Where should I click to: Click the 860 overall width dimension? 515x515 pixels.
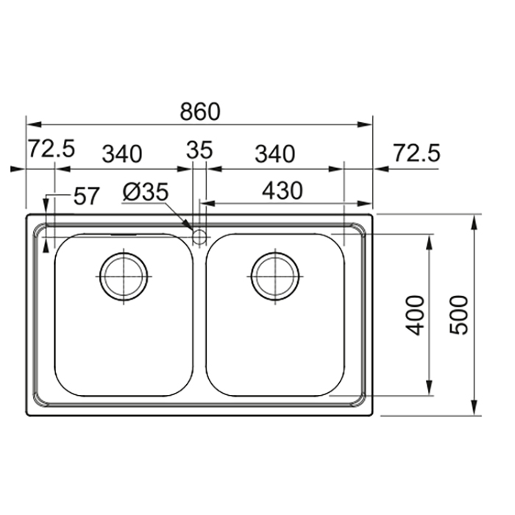tap(199, 112)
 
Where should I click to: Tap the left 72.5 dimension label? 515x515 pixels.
tap(51, 149)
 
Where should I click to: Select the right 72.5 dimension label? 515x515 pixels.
tap(416, 153)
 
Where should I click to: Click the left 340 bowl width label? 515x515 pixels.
tap(122, 154)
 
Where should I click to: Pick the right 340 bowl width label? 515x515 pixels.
tap(275, 154)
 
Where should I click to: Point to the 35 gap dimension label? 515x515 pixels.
tap(199, 150)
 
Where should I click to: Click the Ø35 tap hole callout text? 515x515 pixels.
tap(146, 192)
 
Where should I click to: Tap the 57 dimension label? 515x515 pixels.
tap(86, 196)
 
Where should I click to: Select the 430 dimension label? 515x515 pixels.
tap(282, 191)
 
